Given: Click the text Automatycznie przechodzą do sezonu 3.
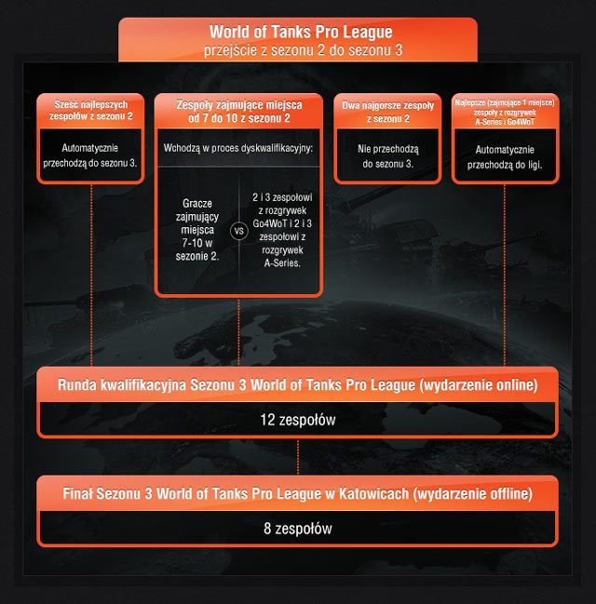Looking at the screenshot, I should coord(90,155).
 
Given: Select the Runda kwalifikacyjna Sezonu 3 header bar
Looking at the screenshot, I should coord(297,383).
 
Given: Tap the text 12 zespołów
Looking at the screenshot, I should coord(297,421).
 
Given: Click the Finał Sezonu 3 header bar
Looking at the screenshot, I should coord(297,492).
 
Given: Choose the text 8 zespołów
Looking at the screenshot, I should coord(297,529).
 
